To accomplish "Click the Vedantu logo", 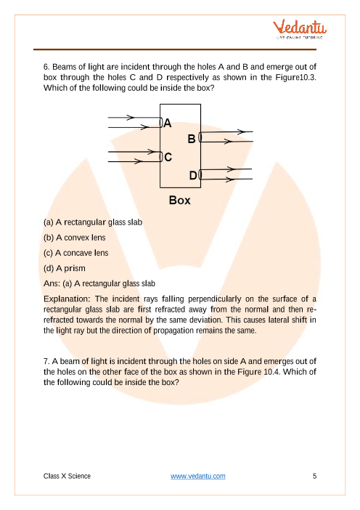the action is tap(300, 29).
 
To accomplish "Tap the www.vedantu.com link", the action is tap(198, 476).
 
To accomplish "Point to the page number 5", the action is tap(314, 476).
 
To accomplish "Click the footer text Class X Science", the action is tap(67, 476).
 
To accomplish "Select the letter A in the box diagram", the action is tap(168, 123).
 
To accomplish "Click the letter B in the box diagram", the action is tap(192, 139).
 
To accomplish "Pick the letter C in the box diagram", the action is tap(168, 157).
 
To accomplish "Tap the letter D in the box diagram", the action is tap(193, 175).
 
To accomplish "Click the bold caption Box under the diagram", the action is tap(180, 200).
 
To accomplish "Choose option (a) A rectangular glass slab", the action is tap(93, 222).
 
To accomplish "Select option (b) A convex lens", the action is tap(75, 238).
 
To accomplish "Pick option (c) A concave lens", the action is tap(75, 253).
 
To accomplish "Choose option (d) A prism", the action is tap(65, 268).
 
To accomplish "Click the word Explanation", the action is tap(67, 299).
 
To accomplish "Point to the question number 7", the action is tap(46, 361).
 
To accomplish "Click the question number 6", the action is tap(46, 67).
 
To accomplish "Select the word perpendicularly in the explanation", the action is tap(215, 299).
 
